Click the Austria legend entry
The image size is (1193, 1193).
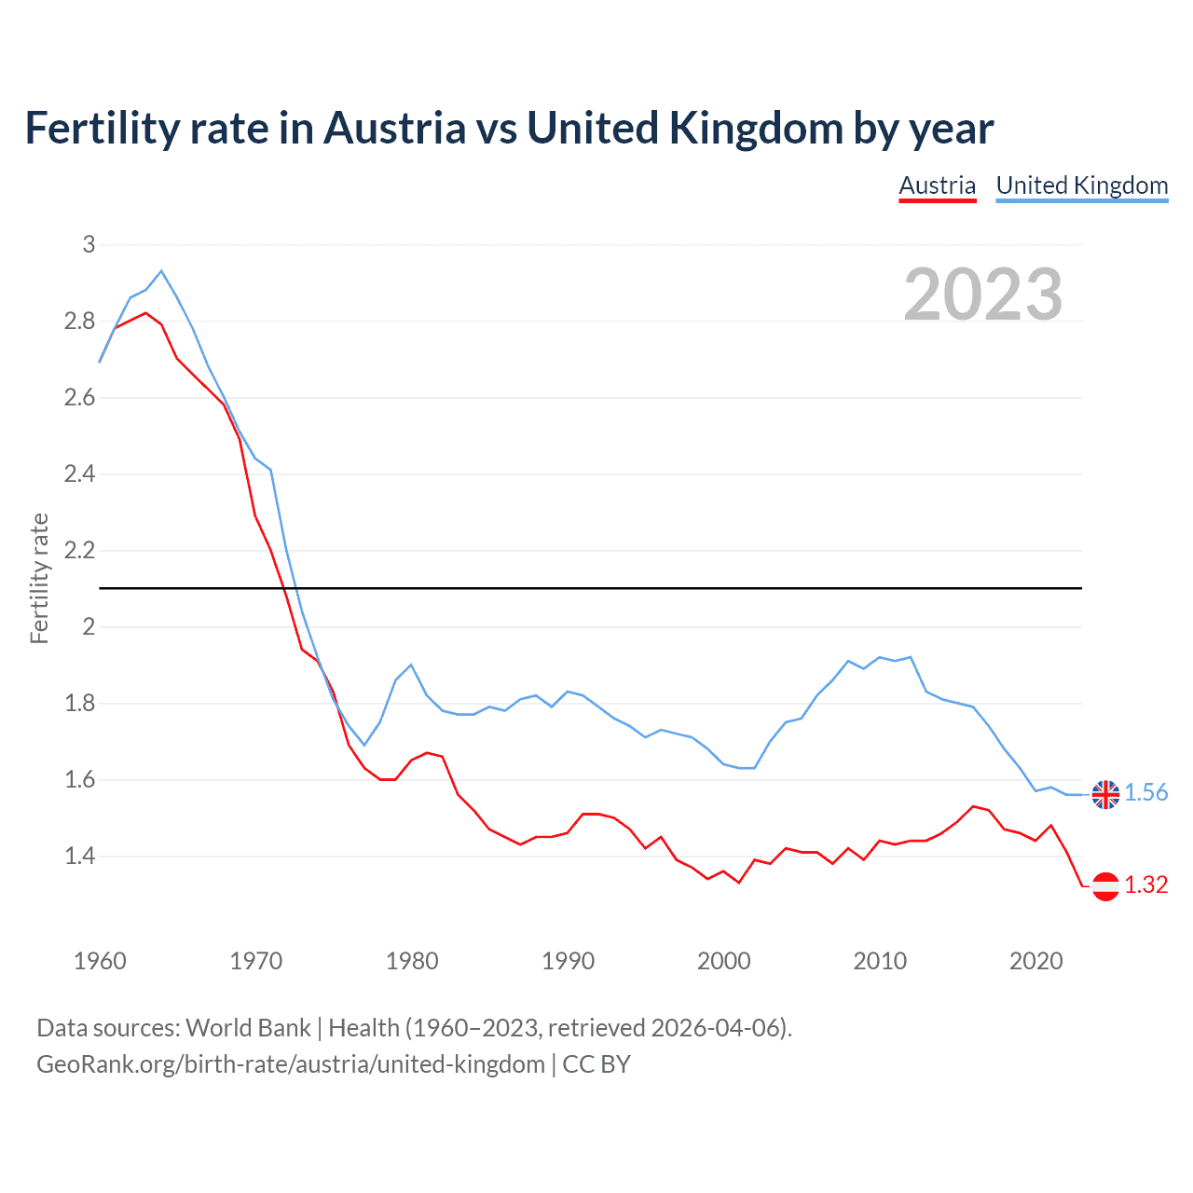[937, 185]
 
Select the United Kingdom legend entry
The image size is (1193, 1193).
[1081, 185]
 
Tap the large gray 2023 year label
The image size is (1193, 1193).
[983, 295]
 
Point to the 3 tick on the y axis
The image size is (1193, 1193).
[89, 244]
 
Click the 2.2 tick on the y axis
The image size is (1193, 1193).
[80, 550]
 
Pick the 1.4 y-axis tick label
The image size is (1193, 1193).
[80, 856]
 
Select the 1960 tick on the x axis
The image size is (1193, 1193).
[100, 961]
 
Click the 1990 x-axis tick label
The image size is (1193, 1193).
[568, 961]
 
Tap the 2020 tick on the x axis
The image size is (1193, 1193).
[1035, 961]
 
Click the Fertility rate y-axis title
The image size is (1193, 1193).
[39, 578]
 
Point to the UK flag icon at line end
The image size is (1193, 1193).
[1105, 794]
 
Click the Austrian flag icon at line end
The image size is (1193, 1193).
[1105, 885]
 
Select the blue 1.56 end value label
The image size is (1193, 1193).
[1145, 792]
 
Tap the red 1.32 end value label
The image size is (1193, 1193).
[1145, 884]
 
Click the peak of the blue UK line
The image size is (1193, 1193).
[161, 271]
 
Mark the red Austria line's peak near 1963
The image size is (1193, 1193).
[145, 313]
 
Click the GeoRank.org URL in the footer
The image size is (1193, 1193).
[291, 1063]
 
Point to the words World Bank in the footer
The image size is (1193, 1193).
[248, 1028]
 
